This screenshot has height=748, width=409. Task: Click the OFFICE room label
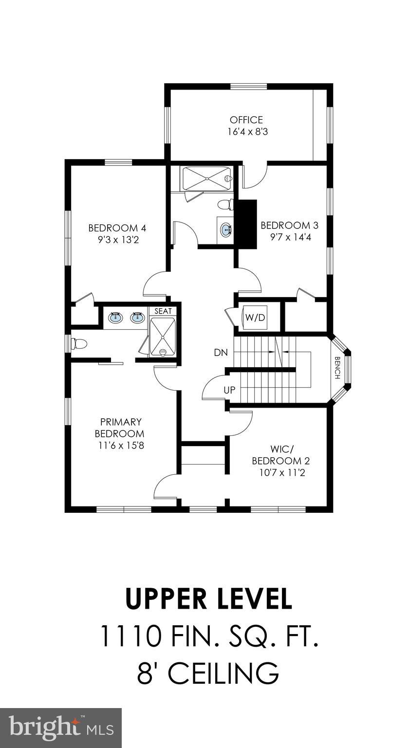point(246,120)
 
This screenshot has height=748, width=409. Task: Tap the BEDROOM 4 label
point(117,228)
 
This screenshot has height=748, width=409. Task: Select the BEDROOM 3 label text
point(289,225)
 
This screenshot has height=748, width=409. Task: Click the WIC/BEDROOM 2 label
point(281,454)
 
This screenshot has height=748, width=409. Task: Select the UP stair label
point(229,390)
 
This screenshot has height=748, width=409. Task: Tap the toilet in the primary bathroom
point(79,344)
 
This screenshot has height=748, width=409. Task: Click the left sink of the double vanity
point(115,318)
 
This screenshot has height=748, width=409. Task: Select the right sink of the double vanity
point(137,318)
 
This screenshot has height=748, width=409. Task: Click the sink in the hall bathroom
point(226,229)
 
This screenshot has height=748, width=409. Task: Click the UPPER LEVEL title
point(208,599)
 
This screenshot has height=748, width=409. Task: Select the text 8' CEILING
point(208,673)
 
